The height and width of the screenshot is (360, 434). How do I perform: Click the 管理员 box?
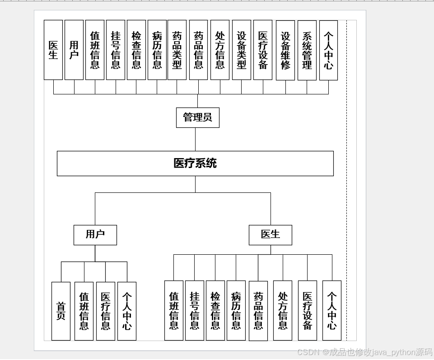tap(197, 117)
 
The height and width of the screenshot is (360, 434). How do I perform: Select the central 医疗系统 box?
tap(195, 163)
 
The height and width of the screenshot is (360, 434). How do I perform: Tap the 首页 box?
tap(61, 311)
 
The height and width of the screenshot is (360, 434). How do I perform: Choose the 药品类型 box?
tap(177, 50)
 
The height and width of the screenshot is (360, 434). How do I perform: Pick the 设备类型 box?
tap(241, 50)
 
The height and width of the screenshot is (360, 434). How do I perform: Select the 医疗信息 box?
tap(105, 311)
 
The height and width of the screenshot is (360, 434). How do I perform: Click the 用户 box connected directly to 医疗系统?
tap(95, 235)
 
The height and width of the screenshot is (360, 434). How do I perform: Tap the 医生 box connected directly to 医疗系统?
tap(270, 235)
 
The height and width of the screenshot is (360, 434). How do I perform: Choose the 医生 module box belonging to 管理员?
tap(53, 50)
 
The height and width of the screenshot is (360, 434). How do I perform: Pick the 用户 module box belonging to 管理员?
tap(74, 50)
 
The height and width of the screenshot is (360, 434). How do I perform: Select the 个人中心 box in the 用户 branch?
tap(126, 311)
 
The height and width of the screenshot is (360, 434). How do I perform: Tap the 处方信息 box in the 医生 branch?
tap(282, 311)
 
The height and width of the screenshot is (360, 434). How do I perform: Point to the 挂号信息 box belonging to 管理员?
tap(116, 50)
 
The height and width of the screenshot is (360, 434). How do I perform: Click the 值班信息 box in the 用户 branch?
tap(84, 311)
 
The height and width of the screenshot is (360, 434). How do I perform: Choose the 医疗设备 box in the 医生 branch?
tap(307, 311)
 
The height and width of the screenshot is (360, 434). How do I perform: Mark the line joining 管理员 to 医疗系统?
tap(195, 139)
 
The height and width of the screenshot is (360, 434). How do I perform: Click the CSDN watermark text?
tap(364, 352)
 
